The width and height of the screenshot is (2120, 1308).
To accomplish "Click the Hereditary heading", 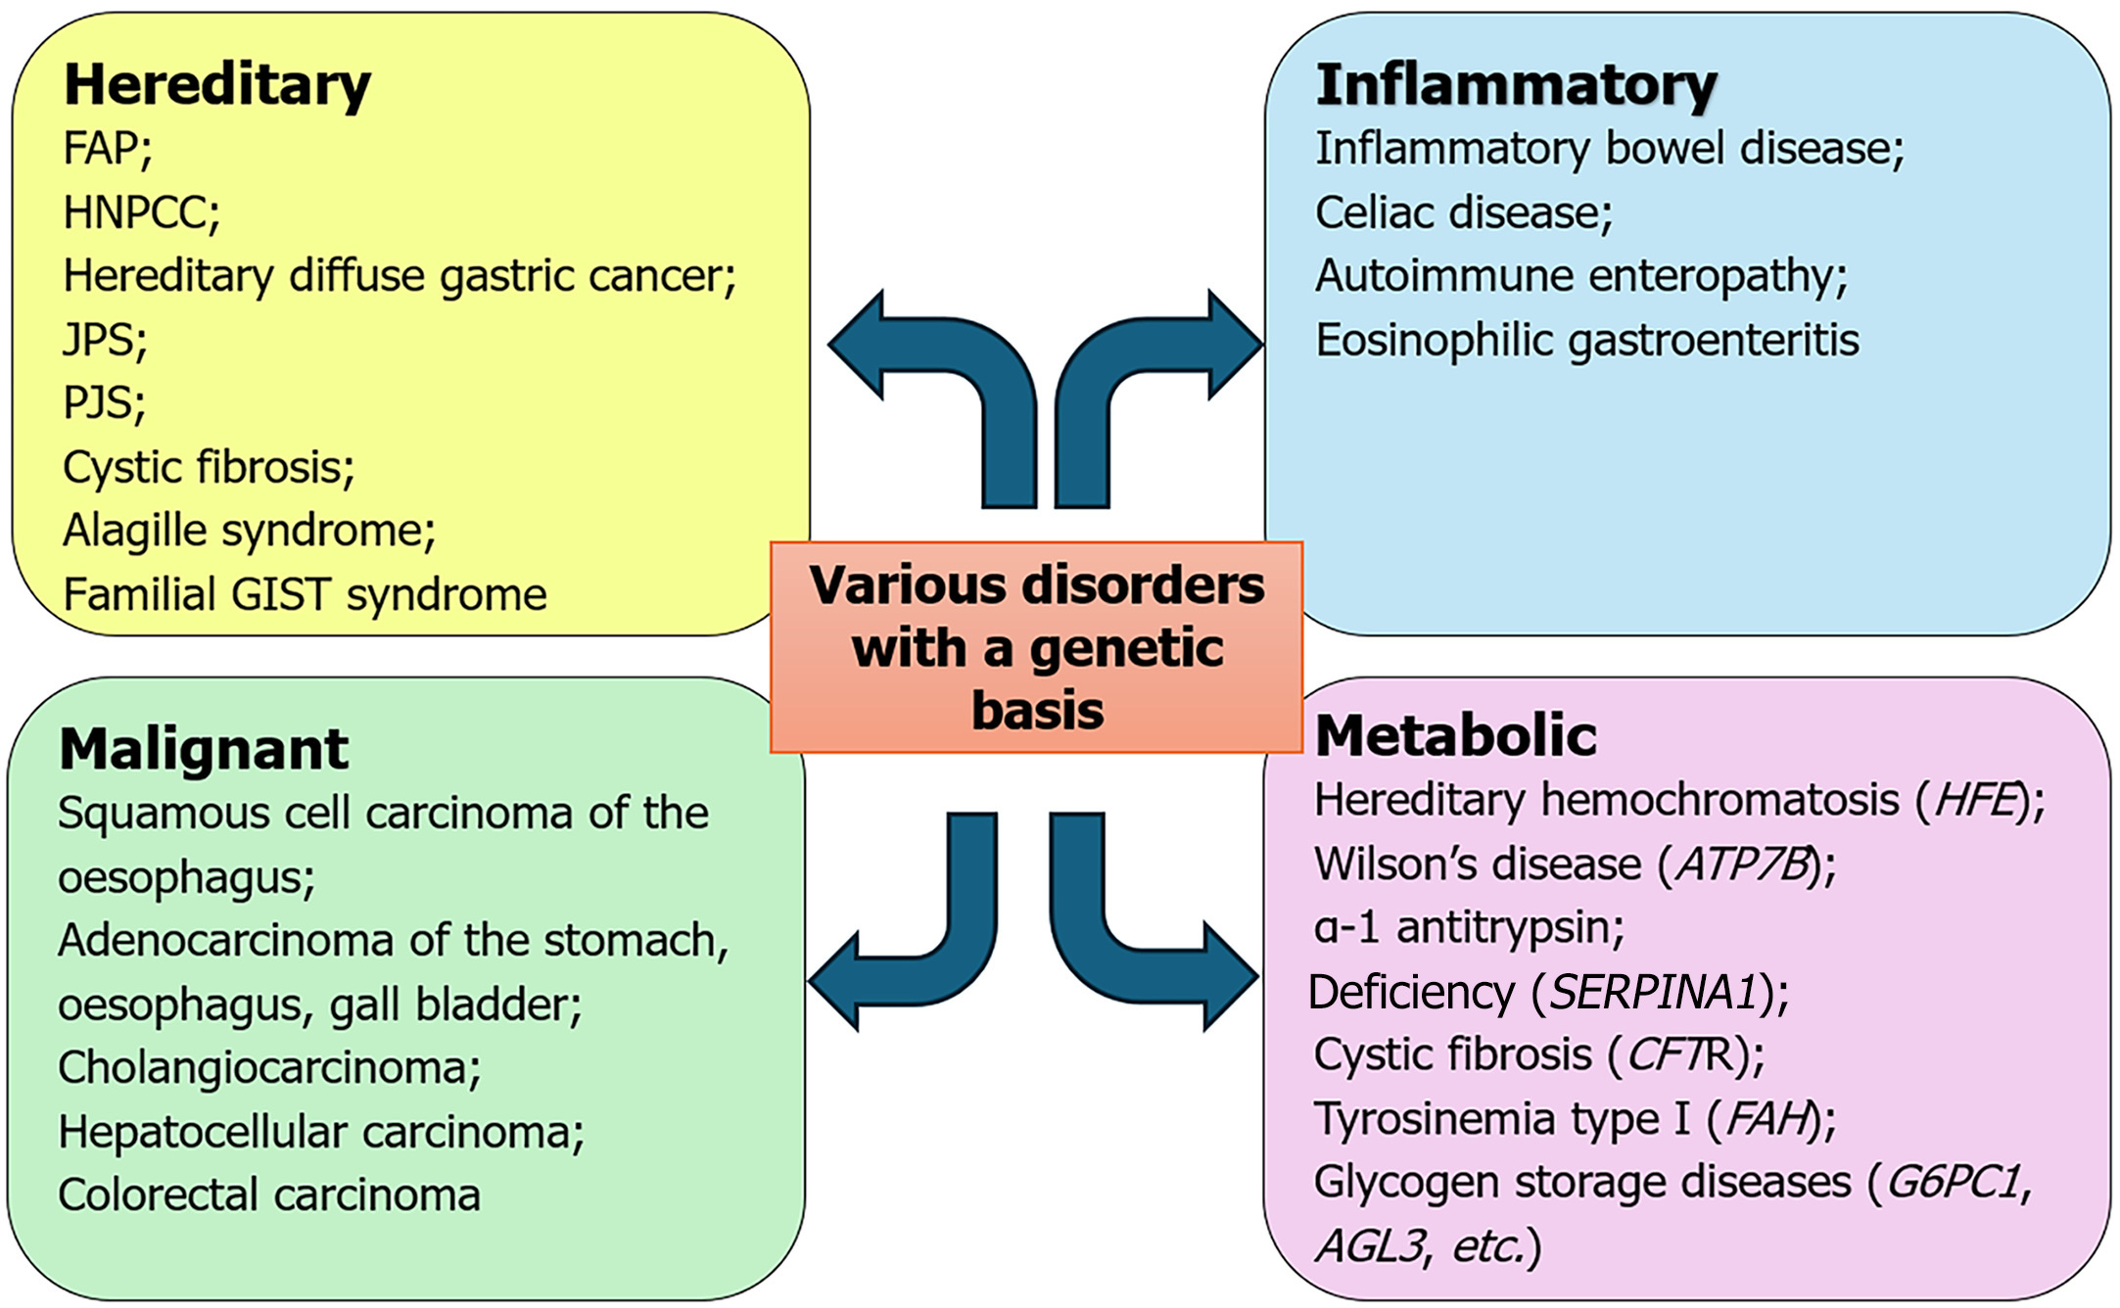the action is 217,84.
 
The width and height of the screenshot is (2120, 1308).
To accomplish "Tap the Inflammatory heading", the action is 1516,84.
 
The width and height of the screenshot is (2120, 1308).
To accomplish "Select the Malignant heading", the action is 204,750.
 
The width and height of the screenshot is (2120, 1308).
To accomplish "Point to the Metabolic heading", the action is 1455,735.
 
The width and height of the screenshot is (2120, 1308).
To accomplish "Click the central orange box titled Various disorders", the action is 1036,647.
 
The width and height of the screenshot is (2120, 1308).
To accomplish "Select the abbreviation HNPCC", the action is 136,212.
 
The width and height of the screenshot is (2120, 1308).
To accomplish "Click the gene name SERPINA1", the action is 1656,992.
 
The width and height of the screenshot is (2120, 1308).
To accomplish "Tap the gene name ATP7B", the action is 1742,864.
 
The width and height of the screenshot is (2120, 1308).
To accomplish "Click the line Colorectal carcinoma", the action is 269,1194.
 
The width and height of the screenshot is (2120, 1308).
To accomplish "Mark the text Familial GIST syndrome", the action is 305,594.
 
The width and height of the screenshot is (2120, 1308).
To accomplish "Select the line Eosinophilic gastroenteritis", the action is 1587,341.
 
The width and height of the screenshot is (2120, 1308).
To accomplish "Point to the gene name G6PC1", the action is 1954,1183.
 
